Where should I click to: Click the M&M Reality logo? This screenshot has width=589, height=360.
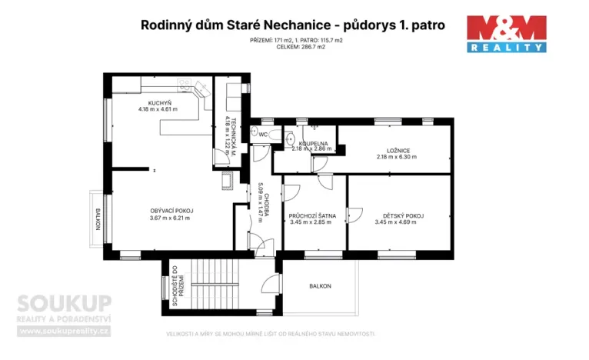pyautogui.click(x=507, y=34)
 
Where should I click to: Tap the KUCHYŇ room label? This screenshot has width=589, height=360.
pyautogui.click(x=160, y=103)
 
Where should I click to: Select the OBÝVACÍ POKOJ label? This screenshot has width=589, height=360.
pyautogui.click(x=171, y=211)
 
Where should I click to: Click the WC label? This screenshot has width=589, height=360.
pyautogui.click(x=262, y=135)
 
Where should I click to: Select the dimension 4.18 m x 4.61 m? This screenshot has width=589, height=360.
pyautogui.click(x=158, y=110)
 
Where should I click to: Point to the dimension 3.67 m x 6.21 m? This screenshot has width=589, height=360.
pyautogui.click(x=171, y=218)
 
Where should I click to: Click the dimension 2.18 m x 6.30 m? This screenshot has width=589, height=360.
pyautogui.click(x=396, y=157)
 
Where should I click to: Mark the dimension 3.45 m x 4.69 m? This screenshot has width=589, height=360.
pyautogui.click(x=396, y=222)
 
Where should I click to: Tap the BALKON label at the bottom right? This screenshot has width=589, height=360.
pyautogui.click(x=320, y=286)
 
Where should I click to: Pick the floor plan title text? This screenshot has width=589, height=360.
pyautogui.click(x=293, y=25)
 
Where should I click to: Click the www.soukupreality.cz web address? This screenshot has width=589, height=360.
pyautogui.click(x=65, y=332)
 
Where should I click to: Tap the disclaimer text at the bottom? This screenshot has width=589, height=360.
pyautogui.click(x=271, y=334)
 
